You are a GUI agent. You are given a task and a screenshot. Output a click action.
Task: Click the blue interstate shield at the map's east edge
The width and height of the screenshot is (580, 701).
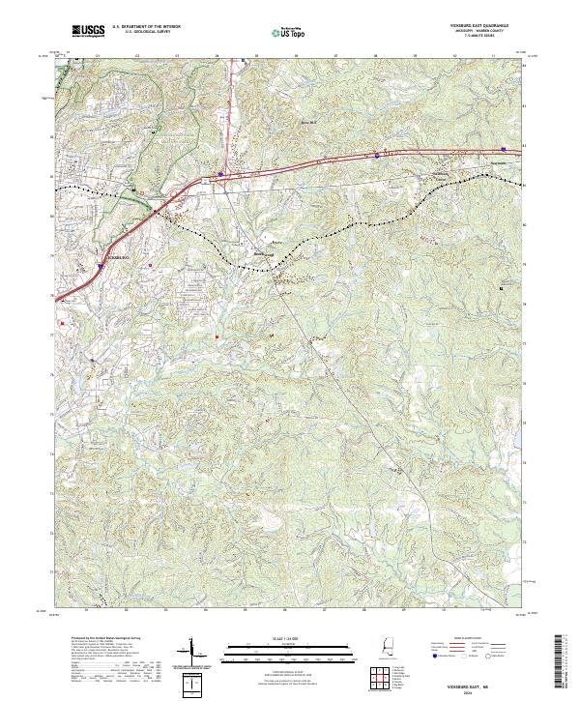point(505,149)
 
